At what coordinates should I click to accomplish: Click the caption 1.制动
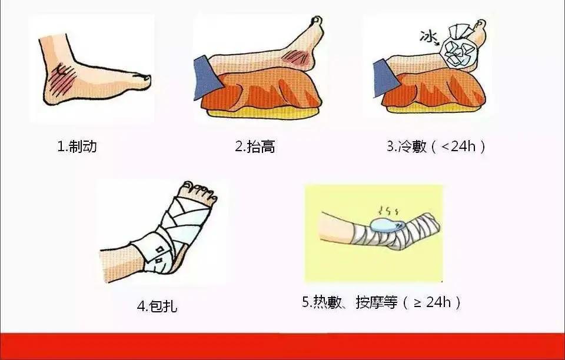click(x=77, y=146)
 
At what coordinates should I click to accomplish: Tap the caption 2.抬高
click(x=255, y=146)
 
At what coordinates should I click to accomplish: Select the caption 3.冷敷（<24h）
click(x=436, y=146)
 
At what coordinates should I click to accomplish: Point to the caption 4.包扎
click(x=157, y=306)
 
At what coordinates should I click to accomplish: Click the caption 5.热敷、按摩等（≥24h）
click(x=381, y=302)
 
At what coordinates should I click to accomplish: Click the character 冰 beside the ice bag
click(x=428, y=36)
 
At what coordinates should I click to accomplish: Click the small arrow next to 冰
click(x=437, y=44)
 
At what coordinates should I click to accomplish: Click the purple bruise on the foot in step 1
click(x=62, y=79)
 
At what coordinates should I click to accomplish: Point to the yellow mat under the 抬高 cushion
click(x=262, y=114)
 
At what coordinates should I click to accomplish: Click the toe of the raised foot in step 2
click(x=317, y=20)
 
